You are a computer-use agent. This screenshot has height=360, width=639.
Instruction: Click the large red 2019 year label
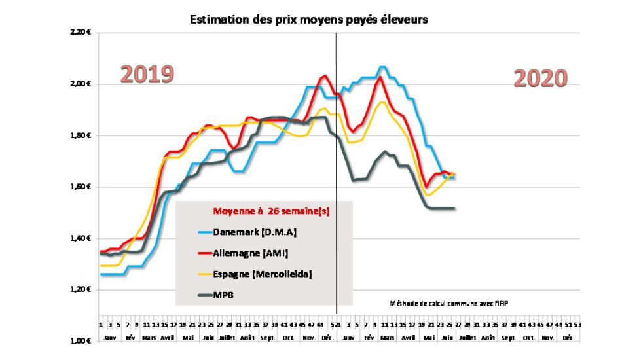pos(147,75)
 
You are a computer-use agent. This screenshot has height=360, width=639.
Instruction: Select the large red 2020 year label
pos(539,79)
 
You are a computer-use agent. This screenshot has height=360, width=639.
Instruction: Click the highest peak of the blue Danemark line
pos(383,67)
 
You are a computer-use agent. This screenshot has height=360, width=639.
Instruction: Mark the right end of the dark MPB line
pos(454,209)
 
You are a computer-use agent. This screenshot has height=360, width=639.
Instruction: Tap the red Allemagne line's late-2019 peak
pos(324,76)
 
